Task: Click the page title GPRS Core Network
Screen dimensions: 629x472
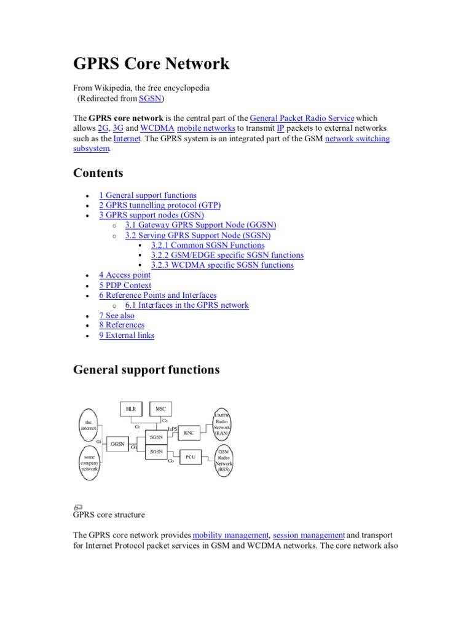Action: point(151,64)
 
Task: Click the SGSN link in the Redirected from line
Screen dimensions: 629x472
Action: point(149,98)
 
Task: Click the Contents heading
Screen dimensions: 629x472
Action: point(98,173)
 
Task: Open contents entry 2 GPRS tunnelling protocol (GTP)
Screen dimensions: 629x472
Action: point(159,205)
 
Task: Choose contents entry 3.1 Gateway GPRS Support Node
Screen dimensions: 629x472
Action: point(200,225)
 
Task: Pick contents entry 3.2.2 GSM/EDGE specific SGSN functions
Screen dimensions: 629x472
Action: point(227,255)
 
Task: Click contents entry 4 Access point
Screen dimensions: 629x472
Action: point(125,275)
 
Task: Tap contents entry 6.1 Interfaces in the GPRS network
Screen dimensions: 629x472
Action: point(187,305)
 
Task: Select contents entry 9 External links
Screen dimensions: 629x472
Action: point(127,335)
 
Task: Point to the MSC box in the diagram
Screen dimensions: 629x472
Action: point(161,409)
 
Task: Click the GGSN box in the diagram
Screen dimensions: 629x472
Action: point(117,443)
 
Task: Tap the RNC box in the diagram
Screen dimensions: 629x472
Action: point(189,433)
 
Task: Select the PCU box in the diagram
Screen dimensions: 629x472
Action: point(190,458)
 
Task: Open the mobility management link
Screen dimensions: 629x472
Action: point(230,536)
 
